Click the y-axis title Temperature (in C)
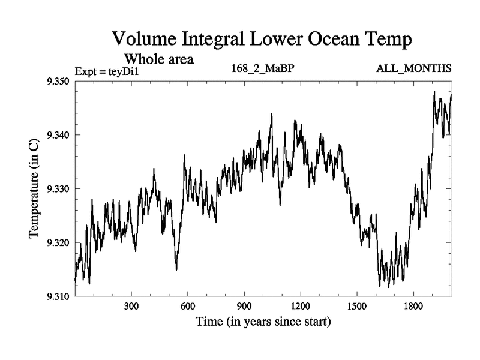tap(34, 188)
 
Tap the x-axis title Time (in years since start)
tap(263, 322)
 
